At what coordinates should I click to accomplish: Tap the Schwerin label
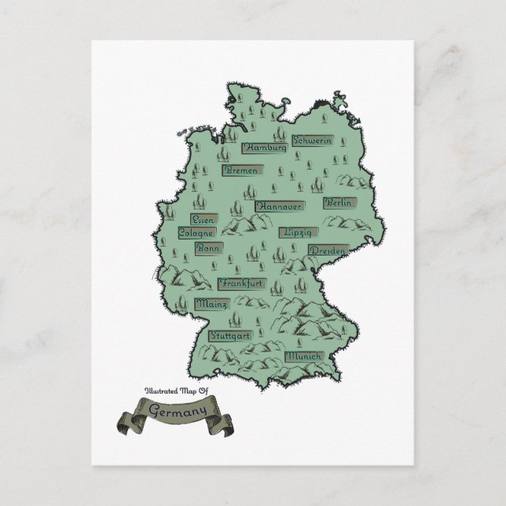point(312,141)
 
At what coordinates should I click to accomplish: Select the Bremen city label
point(242,170)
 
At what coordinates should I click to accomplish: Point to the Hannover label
point(278,206)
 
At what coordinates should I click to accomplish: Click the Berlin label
point(339,203)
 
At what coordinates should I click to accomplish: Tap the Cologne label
point(196,233)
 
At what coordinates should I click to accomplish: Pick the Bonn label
point(208,247)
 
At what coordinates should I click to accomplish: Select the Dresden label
point(327,250)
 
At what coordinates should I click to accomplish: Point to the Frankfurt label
point(242,283)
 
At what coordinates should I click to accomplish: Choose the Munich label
point(303,356)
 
